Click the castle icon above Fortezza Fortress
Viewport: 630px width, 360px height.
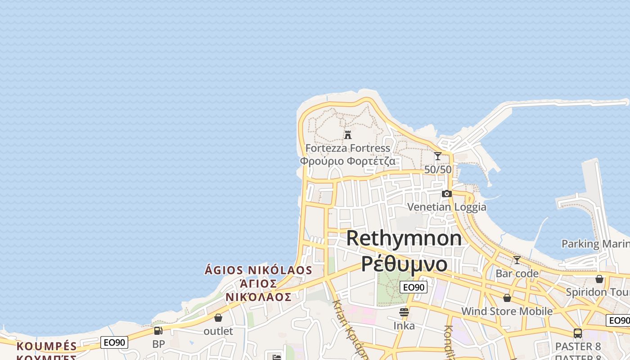click(347, 135)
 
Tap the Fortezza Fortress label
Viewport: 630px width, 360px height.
click(347, 148)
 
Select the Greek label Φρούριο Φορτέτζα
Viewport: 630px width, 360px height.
click(347, 161)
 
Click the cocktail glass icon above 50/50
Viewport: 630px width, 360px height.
click(438, 156)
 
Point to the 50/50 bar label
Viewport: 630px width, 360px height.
click(438, 170)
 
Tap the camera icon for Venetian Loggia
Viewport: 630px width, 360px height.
click(446, 193)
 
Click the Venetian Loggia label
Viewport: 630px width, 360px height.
click(446, 207)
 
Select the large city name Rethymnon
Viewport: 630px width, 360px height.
click(404, 238)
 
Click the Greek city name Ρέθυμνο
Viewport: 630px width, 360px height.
click(404, 264)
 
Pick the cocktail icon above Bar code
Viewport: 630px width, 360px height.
click(517, 260)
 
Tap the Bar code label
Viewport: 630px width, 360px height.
click(517, 274)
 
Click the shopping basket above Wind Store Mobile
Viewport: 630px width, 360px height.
click(507, 298)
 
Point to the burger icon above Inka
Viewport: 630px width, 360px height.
click(404, 312)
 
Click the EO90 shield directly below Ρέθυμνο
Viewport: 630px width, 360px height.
click(413, 287)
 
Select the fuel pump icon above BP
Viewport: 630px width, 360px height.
click(158, 331)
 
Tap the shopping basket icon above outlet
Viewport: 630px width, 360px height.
click(218, 318)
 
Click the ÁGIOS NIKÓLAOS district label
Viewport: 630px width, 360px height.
click(258, 270)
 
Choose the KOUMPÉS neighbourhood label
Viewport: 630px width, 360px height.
click(47, 346)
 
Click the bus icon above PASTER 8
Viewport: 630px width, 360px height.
click(578, 333)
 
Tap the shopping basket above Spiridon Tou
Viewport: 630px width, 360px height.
click(599, 279)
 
